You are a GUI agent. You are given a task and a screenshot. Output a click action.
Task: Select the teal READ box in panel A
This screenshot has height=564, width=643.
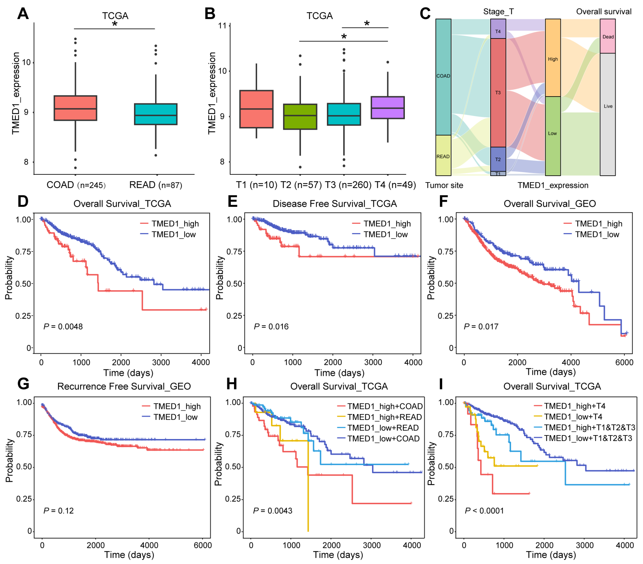pyautogui.click(x=155, y=114)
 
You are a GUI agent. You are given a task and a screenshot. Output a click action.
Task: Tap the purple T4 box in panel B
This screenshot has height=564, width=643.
pyautogui.click(x=388, y=107)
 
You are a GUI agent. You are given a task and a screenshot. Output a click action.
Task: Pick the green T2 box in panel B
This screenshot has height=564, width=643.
pyautogui.click(x=300, y=116)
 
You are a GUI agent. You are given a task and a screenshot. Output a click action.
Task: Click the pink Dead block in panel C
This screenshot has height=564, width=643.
pyautogui.click(x=607, y=36)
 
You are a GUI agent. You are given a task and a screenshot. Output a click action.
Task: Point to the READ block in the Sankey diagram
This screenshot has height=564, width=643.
pyautogui.click(x=443, y=156)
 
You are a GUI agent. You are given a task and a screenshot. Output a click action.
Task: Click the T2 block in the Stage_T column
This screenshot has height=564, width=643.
pyautogui.click(x=498, y=159)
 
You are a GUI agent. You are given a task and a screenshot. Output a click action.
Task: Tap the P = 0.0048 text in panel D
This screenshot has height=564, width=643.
pyautogui.click(x=63, y=326)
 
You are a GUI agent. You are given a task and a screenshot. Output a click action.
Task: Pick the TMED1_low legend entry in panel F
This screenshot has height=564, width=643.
pyautogui.click(x=597, y=234)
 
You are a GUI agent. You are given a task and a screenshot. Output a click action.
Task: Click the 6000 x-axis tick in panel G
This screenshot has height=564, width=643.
pyautogui.click(x=203, y=545)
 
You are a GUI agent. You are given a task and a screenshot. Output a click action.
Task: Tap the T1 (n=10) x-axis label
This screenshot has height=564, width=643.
pyautogui.click(x=256, y=185)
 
